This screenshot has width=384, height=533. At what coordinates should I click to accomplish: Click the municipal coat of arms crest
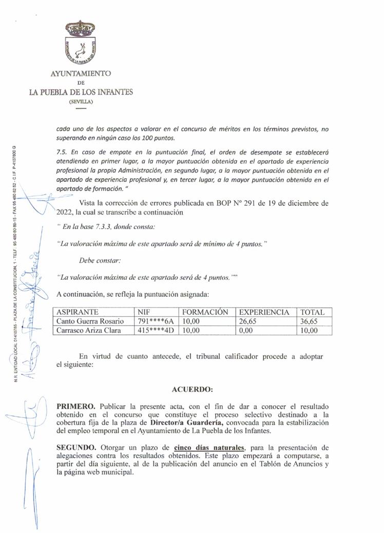point(80,43)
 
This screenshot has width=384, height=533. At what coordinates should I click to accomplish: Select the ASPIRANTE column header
point(78,312)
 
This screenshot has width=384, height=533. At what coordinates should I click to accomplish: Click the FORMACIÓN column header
point(205,312)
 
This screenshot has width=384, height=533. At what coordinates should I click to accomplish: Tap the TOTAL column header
point(312,312)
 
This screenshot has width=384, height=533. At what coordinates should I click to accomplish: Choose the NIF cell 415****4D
point(156,331)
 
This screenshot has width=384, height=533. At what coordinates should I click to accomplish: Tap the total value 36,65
point(310,321)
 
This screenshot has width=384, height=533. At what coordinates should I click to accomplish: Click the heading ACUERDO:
point(192,389)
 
